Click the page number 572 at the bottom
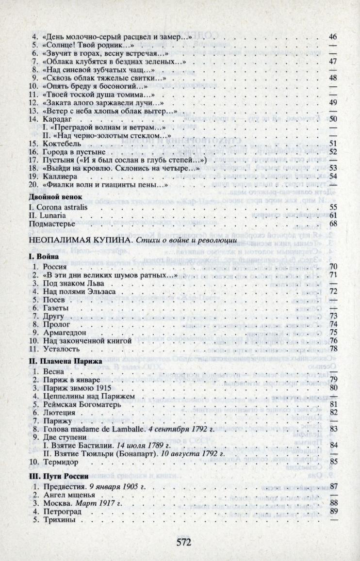(x=180, y=542)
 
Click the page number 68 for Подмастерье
(x=333, y=223)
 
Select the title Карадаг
(x=57, y=119)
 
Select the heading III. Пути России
(x=58, y=476)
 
